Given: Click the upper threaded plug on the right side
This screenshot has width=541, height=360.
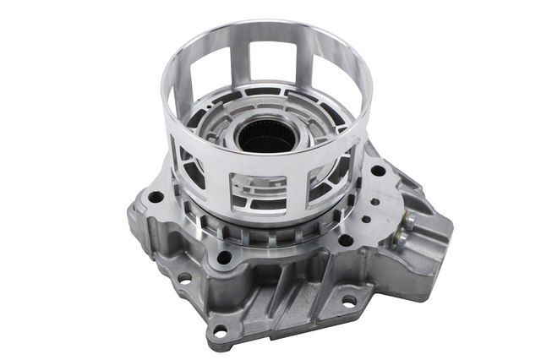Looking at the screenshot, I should [408, 221].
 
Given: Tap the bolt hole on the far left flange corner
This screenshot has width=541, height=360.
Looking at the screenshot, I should [156, 197].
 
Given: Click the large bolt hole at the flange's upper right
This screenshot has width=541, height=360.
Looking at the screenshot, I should [378, 171].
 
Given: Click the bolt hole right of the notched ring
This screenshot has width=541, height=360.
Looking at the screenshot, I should [347, 240].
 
